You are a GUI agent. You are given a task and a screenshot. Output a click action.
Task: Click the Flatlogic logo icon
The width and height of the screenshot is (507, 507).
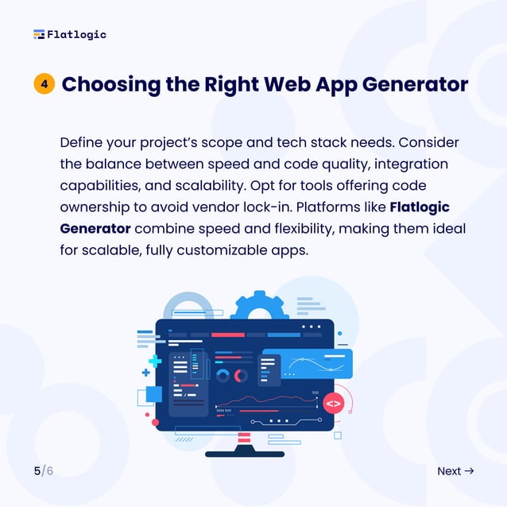pyautogui.click(x=39, y=34)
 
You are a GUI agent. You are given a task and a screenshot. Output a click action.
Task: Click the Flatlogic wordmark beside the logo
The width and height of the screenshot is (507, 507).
pyautogui.click(x=76, y=34)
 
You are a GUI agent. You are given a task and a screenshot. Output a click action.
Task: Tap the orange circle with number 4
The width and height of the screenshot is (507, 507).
pyautogui.click(x=44, y=84)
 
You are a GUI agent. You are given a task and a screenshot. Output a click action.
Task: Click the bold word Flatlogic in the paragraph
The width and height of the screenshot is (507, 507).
pyautogui.click(x=420, y=207)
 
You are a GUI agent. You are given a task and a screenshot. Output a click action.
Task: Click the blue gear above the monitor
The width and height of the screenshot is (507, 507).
pyautogui.click(x=256, y=306)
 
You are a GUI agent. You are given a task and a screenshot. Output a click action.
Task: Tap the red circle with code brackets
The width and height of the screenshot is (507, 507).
pyautogui.click(x=333, y=403)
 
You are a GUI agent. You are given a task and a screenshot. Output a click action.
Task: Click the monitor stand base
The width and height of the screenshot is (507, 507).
pyautogui.click(x=245, y=454)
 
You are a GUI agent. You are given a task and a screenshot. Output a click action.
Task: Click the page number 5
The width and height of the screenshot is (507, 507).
pyautogui.click(x=37, y=471)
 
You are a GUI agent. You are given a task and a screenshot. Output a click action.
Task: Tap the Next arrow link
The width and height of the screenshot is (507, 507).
pyautogui.click(x=455, y=471)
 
